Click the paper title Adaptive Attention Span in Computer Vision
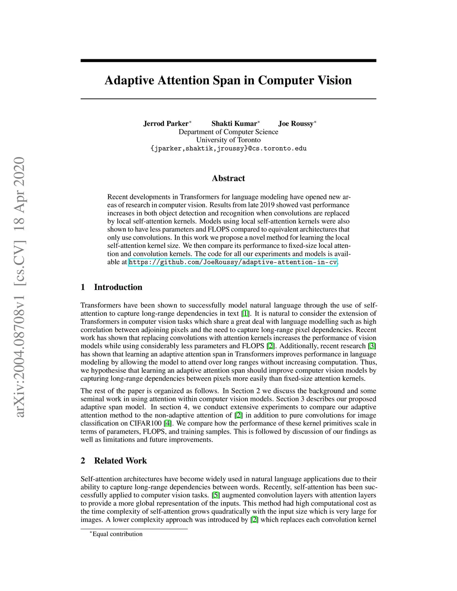(x=228, y=80)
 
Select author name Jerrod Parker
(x=166, y=124)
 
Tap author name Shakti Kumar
(x=234, y=124)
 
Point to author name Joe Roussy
(x=295, y=124)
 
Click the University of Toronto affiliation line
(x=228, y=140)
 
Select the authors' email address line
(x=228, y=149)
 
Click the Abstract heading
(x=228, y=178)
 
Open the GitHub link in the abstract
(x=233, y=262)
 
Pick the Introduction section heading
(x=118, y=287)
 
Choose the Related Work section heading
(x=120, y=461)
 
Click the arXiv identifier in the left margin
(x=20, y=287)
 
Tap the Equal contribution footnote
(x=117, y=534)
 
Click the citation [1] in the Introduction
(x=245, y=314)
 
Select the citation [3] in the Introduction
(x=372, y=346)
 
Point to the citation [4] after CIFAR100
(x=167, y=423)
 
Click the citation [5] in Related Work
(x=216, y=495)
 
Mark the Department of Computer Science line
(x=228, y=132)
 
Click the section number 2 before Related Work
(x=83, y=461)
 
